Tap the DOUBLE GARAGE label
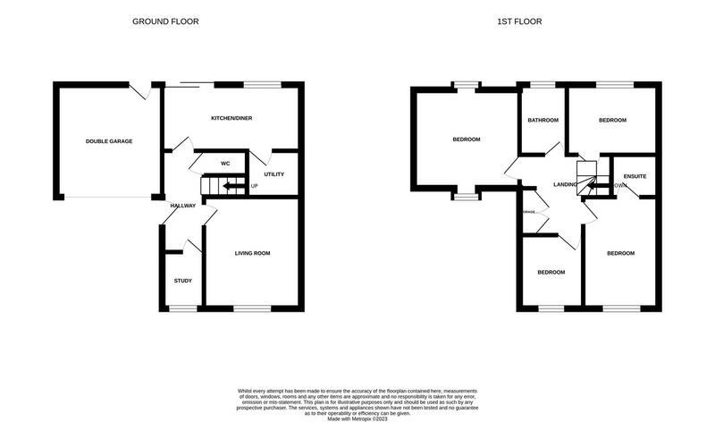tap(103, 141)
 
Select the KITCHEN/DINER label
tap(230, 119)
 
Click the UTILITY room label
tap(273, 173)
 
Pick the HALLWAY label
tap(182, 206)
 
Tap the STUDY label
tap(182, 281)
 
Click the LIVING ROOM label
tap(252, 253)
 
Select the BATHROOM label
tap(543, 121)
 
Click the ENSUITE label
tap(635, 176)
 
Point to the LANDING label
tap(565, 184)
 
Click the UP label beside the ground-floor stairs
tap(255, 186)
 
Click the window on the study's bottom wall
tap(182, 308)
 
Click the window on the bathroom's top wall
tap(543, 85)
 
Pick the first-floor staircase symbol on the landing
tap(586, 177)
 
